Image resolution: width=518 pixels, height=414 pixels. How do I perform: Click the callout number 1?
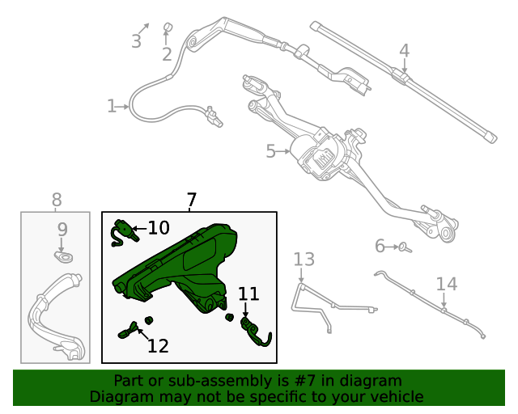pyautogui.click(x=111, y=106)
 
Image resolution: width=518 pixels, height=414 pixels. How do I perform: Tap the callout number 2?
pyautogui.click(x=167, y=54)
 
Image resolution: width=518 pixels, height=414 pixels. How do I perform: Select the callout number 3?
pyautogui.click(x=136, y=40)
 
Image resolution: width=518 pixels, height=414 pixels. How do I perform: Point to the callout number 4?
pyautogui.click(x=404, y=51)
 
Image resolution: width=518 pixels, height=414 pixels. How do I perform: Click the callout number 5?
pyautogui.click(x=271, y=150)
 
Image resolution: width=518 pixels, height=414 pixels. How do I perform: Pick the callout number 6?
pyautogui.click(x=380, y=246)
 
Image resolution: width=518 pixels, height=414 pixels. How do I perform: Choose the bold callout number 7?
pyautogui.click(x=191, y=200)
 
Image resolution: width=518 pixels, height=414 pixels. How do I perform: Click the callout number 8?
pyautogui.click(x=56, y=200)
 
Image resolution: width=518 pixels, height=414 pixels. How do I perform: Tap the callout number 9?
pyautogui.click(x=62, y=230)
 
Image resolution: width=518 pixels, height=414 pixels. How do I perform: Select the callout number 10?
pyautogui.click(x=159, y=228)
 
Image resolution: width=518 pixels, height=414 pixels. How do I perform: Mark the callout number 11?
pyautogui.click(x=248, y=294)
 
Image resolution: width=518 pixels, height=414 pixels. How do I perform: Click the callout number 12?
pyautogui.click(x=158, y=346)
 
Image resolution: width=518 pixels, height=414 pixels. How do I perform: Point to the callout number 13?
pyautogui.click(x=304, y=259)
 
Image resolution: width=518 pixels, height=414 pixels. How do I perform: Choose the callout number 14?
pyautogui.click(x=447, y=284)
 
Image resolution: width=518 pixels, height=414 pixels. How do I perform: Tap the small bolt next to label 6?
pyautogui.click(x=405, y=247)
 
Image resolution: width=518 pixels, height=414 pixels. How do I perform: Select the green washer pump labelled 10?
pyautogui.click(x=122, y=231)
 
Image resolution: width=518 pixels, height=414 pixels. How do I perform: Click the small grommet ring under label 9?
pyautogui.click(x=62, y=257)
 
